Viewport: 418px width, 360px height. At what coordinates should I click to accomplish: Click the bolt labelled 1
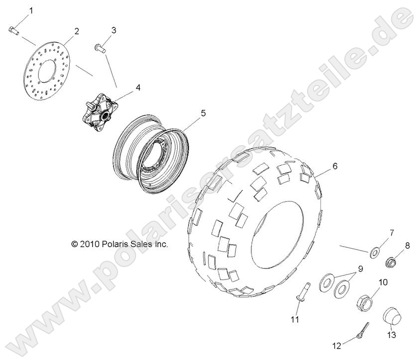tap(13, 30)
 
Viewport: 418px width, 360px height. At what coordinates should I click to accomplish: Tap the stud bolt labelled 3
tap(98, 48)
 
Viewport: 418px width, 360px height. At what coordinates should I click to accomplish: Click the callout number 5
tap(189, 113)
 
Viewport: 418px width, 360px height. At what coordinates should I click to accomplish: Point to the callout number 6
tap(334, 166)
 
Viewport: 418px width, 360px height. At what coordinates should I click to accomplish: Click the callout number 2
tap(77, 31)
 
